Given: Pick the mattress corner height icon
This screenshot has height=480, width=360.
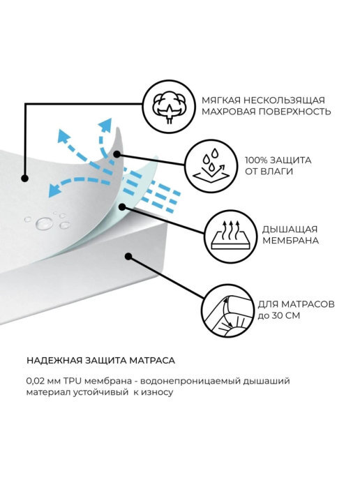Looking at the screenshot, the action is click(x=227, y=310).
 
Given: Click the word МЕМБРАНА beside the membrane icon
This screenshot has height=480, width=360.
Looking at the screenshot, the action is click(x=290, y=240).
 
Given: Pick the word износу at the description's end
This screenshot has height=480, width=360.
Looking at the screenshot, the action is click(x=157, y=393).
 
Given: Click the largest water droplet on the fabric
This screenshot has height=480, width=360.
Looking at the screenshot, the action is click(x=45, y=223).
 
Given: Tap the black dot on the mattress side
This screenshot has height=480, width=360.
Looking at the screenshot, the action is click(x=128, y=256).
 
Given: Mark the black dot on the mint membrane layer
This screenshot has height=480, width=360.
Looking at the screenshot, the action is click(x=122, y=207).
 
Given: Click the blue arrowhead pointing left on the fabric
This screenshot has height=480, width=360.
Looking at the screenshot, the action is click(x=54, y=190).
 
